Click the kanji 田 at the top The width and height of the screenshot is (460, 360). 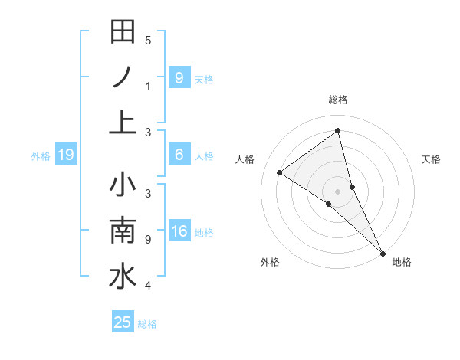[123, 32]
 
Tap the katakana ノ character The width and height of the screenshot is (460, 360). [123, 77]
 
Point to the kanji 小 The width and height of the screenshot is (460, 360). [123, 186]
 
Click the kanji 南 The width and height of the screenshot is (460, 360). [123, 231]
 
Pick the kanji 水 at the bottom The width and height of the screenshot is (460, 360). [123, 277]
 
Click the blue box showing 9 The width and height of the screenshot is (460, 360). [179, 77]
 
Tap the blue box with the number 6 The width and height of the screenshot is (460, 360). [179, 155]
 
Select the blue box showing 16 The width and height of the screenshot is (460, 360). [179, 231]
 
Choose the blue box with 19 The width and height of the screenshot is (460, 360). [66, 155]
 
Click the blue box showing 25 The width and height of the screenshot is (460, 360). [123, 322]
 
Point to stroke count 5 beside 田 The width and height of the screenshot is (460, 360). [148, 41]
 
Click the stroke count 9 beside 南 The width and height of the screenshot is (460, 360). [148, 240]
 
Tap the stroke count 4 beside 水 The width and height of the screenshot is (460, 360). [148, 286]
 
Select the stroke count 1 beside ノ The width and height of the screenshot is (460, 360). [148, 86]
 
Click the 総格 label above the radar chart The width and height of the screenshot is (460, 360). [338, 100]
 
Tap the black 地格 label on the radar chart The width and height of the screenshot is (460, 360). [402, 262]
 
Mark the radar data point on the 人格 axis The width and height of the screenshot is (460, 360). [280, 172]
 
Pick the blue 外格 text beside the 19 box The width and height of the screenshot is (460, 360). [41, 156]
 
